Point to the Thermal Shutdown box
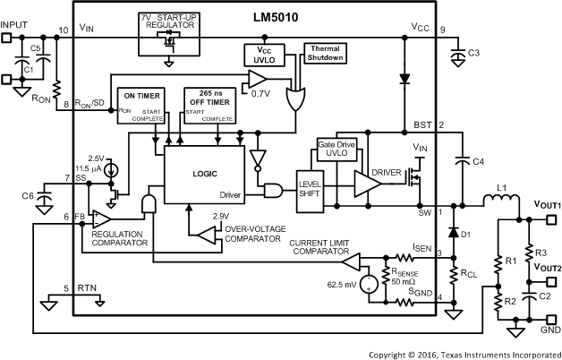[325, 53]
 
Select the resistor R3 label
[540, 252]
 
